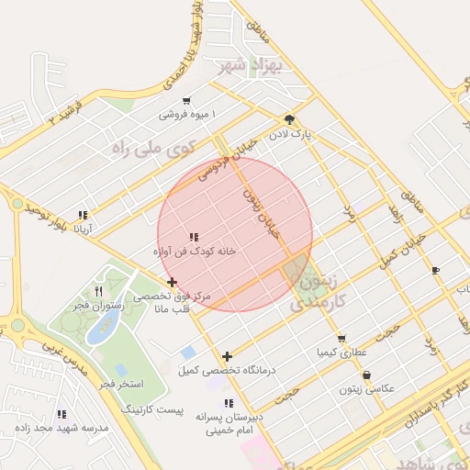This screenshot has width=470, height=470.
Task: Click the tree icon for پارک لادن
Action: [290, 119]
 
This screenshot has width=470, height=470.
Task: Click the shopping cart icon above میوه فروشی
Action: [187, 101]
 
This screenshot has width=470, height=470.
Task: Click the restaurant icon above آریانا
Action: [84, 215]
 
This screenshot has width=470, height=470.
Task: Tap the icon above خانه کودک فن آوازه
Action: [194, 237]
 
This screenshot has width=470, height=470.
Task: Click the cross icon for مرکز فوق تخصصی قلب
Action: [172, 282]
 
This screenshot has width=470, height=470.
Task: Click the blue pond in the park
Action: [97, 330]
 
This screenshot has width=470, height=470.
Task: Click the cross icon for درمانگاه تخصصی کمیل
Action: [228, 356]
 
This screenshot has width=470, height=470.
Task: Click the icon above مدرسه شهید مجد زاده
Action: [62, 414]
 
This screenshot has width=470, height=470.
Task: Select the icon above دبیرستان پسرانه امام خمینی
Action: [229, 403]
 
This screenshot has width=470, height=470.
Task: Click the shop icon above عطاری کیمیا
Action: [341, 338]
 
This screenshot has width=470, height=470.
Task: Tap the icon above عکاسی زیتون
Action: [367, 375]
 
